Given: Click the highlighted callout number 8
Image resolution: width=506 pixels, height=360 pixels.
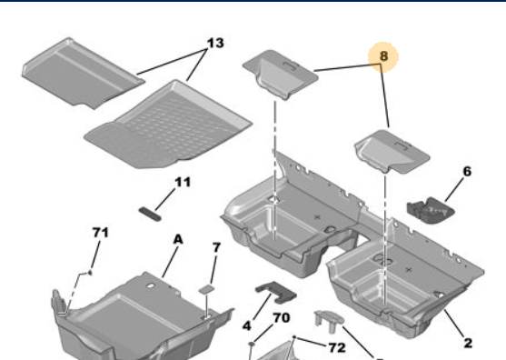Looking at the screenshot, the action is [x=383, y=55].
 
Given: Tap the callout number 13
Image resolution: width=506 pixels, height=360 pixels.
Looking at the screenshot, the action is [x=215, y=43].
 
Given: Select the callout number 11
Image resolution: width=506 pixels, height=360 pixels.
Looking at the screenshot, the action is [x=183, y=183].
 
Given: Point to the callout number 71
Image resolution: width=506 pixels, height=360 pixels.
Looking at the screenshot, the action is [x=101, y=233].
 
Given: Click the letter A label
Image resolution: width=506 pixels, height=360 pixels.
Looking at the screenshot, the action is [x=178, y=240].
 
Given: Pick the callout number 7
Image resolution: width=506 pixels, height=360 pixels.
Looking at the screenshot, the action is [x=216, y=247].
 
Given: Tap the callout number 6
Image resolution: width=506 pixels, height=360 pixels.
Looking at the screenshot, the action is [x=467, y=171].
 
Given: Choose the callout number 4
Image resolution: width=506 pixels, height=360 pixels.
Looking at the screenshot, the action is [x=246, y=325].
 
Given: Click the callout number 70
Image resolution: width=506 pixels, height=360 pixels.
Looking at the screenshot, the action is [x=282, y=318].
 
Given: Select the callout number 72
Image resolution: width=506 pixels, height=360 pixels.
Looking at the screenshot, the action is [x=337, y=348].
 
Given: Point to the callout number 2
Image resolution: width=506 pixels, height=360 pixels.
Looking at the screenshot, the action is [x=468, y=343].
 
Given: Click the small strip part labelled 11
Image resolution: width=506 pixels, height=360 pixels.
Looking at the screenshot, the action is [x=150, y=215].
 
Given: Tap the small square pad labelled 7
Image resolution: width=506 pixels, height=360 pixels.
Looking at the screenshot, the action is [x=206, y=289].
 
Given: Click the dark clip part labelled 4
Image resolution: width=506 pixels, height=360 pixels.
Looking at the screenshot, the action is [x=276, y=292].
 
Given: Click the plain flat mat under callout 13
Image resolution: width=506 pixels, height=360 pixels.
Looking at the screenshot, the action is [x=83, y=73].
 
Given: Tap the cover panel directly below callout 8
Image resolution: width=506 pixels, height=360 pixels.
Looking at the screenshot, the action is [x=392, y=151].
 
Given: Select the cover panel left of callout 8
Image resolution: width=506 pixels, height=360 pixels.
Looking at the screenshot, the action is [x=280, y=75].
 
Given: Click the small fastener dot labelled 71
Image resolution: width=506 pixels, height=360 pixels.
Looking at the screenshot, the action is [x=90, y=273].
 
